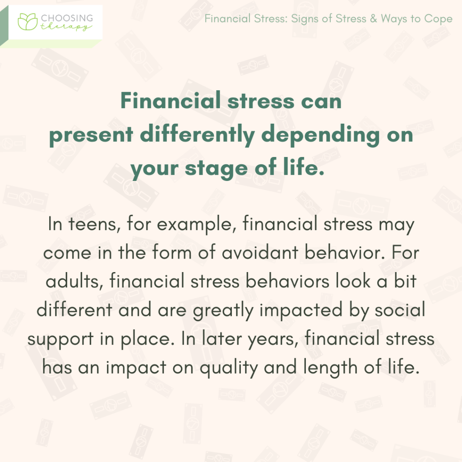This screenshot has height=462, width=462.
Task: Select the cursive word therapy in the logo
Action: click(66, 28)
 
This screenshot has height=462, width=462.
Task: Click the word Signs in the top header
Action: click(303, 19)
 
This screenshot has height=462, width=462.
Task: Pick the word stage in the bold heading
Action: click(216, 169)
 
